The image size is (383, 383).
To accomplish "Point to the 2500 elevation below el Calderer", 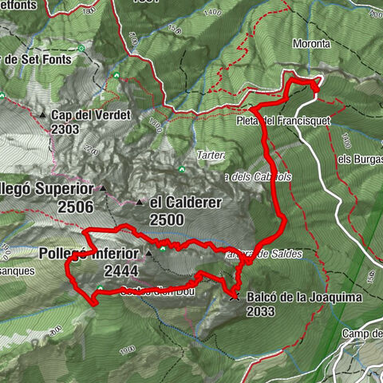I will pyautogui.click(x=166, y=219).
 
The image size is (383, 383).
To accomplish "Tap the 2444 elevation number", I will pyautogui.click(x=120, y=270).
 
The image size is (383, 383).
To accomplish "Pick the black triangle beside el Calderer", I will pyautogui.click(x=140, y=203).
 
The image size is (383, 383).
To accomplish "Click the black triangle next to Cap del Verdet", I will pyautogui.click(x=42, y=115).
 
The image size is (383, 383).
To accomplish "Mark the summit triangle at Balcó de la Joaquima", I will pyautogui.click(x=234, y=297).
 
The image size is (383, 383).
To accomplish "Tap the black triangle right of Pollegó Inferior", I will pyautogui.click(x=149, y=255).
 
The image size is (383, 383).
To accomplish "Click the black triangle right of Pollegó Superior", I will pyautogui.click(x=104, y=189).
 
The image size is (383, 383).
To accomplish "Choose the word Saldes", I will pyautogui.click(x=286, y=254).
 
